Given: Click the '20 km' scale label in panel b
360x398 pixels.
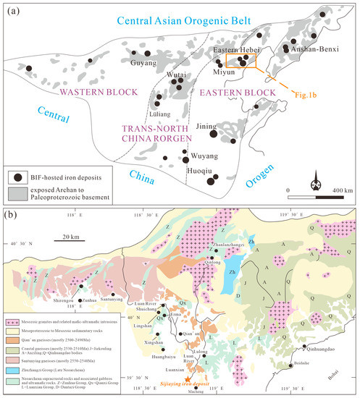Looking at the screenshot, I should (70, 236).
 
